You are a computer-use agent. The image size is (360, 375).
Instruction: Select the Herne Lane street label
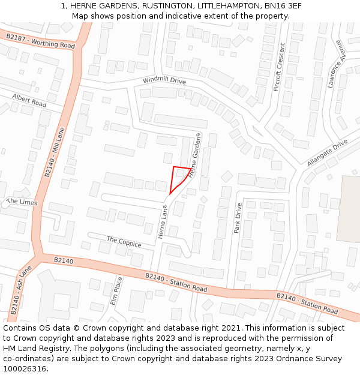[162, 222]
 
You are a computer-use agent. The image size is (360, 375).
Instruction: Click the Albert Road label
[29, 100]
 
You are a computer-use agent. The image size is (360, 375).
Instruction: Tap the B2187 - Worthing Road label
[40, 41]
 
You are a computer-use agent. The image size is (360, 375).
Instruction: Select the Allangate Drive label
[327, 153]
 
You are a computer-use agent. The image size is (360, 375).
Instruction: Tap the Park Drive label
[238, 218]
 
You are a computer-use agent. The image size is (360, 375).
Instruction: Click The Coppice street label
[124, 242]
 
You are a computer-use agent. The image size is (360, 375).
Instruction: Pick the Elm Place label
[116, 290]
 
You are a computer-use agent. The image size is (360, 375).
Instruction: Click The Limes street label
[22, 202]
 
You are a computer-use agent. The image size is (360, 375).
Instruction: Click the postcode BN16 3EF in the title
[283, 5]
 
